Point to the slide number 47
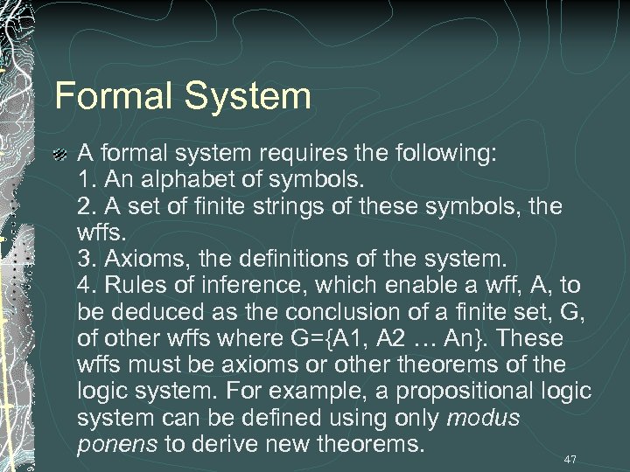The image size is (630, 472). (x=570, y=459)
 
